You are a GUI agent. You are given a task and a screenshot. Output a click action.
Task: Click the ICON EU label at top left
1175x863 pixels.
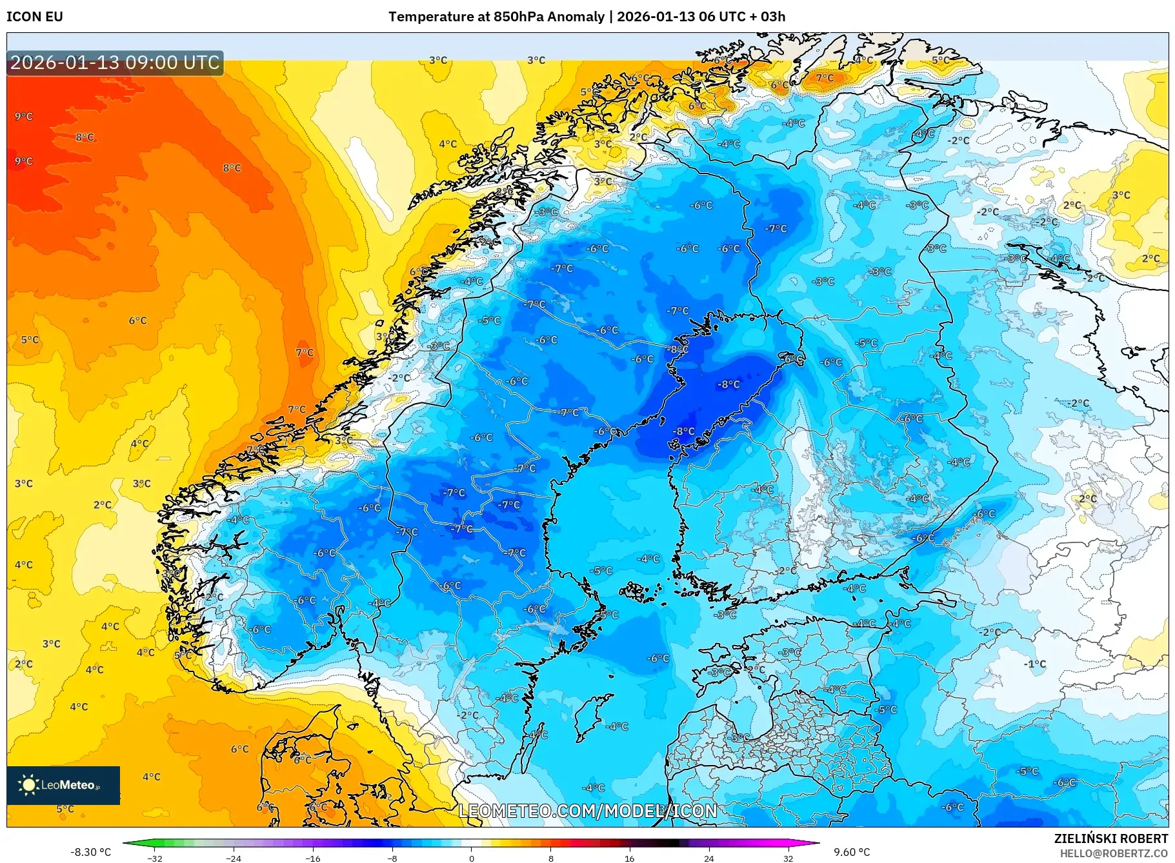coord(35,17)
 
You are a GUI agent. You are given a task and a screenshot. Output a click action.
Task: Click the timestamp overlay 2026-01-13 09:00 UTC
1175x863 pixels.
coord(115,63)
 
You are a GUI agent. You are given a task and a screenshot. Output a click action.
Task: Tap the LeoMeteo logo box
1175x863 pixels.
coord(63,785)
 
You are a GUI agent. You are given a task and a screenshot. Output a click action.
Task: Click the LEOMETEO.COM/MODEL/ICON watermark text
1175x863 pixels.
coord(588,811)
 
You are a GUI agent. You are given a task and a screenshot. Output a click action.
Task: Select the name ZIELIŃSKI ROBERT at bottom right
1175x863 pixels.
coord(1110,838)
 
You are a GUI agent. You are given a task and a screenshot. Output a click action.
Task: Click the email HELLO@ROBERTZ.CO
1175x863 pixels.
coord(1114,853)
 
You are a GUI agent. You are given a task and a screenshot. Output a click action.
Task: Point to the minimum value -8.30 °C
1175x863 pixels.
coord(90,852)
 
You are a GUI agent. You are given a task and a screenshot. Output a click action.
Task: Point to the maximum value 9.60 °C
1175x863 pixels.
coord(852,852)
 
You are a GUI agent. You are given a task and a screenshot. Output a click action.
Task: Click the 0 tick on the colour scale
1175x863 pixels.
coord(471,858)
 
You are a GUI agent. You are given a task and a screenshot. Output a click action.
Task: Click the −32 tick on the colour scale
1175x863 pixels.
coord(155,858)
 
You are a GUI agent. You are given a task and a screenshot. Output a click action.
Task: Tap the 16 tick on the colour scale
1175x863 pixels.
coord(629,858)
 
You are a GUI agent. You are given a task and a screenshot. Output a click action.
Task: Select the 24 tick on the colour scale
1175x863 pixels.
coord(708,858)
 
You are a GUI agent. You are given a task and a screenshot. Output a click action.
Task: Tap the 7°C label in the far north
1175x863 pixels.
coord(825,78)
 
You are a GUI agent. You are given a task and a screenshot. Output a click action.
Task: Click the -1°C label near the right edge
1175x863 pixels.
coord(1035,664)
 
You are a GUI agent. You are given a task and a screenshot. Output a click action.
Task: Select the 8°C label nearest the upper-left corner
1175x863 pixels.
coord(85,137)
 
